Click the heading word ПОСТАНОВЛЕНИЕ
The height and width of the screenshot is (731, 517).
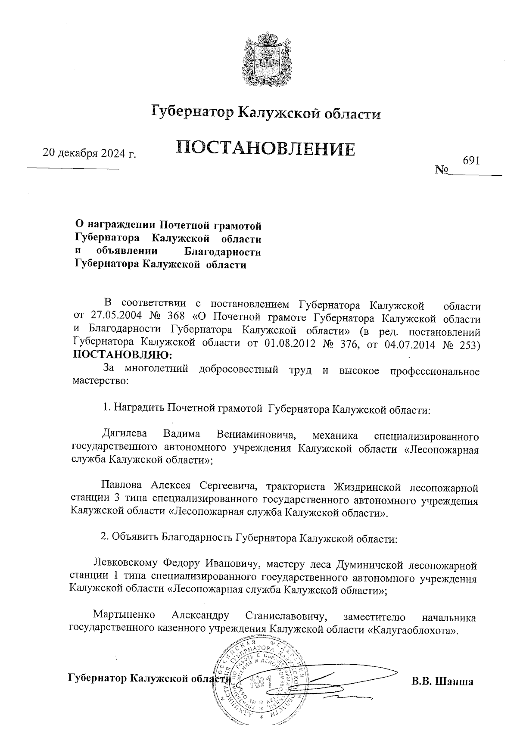266,149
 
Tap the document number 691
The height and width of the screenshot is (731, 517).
471,160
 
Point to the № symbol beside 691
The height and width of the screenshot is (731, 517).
442,170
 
